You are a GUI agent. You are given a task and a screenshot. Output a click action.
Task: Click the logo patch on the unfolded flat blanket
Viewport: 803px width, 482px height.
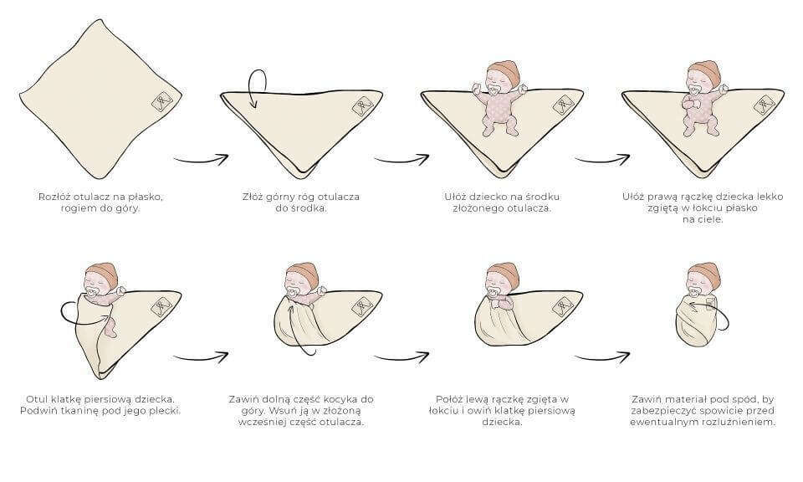(161, 100)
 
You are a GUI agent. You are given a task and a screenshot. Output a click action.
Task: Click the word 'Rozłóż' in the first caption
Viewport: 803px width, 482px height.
(54, 197)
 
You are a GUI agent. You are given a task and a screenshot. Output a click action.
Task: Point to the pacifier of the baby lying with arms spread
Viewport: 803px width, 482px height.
(494, 90)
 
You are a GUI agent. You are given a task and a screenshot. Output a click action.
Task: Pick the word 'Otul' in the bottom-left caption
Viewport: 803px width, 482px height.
(36, 399)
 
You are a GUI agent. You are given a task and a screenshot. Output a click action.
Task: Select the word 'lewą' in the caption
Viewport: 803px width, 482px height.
(478, 399)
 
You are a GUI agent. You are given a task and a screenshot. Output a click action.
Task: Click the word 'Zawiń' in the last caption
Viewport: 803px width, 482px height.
(647, 399)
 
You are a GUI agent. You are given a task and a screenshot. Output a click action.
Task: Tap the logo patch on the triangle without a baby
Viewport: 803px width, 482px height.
(362, 105)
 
